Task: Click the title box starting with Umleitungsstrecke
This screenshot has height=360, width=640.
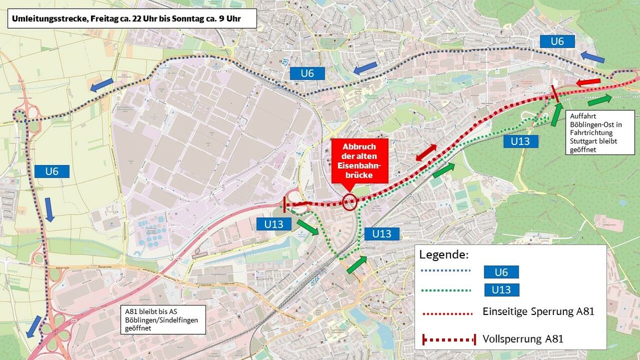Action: click(132, 18)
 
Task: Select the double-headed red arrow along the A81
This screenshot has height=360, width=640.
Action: click(426, 152)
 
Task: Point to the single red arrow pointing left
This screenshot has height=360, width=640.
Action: click(588, 83)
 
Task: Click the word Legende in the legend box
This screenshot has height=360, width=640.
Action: click(444, 255)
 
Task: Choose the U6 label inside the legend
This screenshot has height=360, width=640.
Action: click(501, 272)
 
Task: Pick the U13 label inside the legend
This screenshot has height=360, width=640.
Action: click(501, 290)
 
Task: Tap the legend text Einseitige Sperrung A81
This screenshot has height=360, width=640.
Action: click(538, 311)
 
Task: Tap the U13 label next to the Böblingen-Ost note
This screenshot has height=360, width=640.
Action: click(520, 141)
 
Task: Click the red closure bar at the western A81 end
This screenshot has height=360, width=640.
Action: click(284, 204)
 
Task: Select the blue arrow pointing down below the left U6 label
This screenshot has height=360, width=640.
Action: click(49, 209)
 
